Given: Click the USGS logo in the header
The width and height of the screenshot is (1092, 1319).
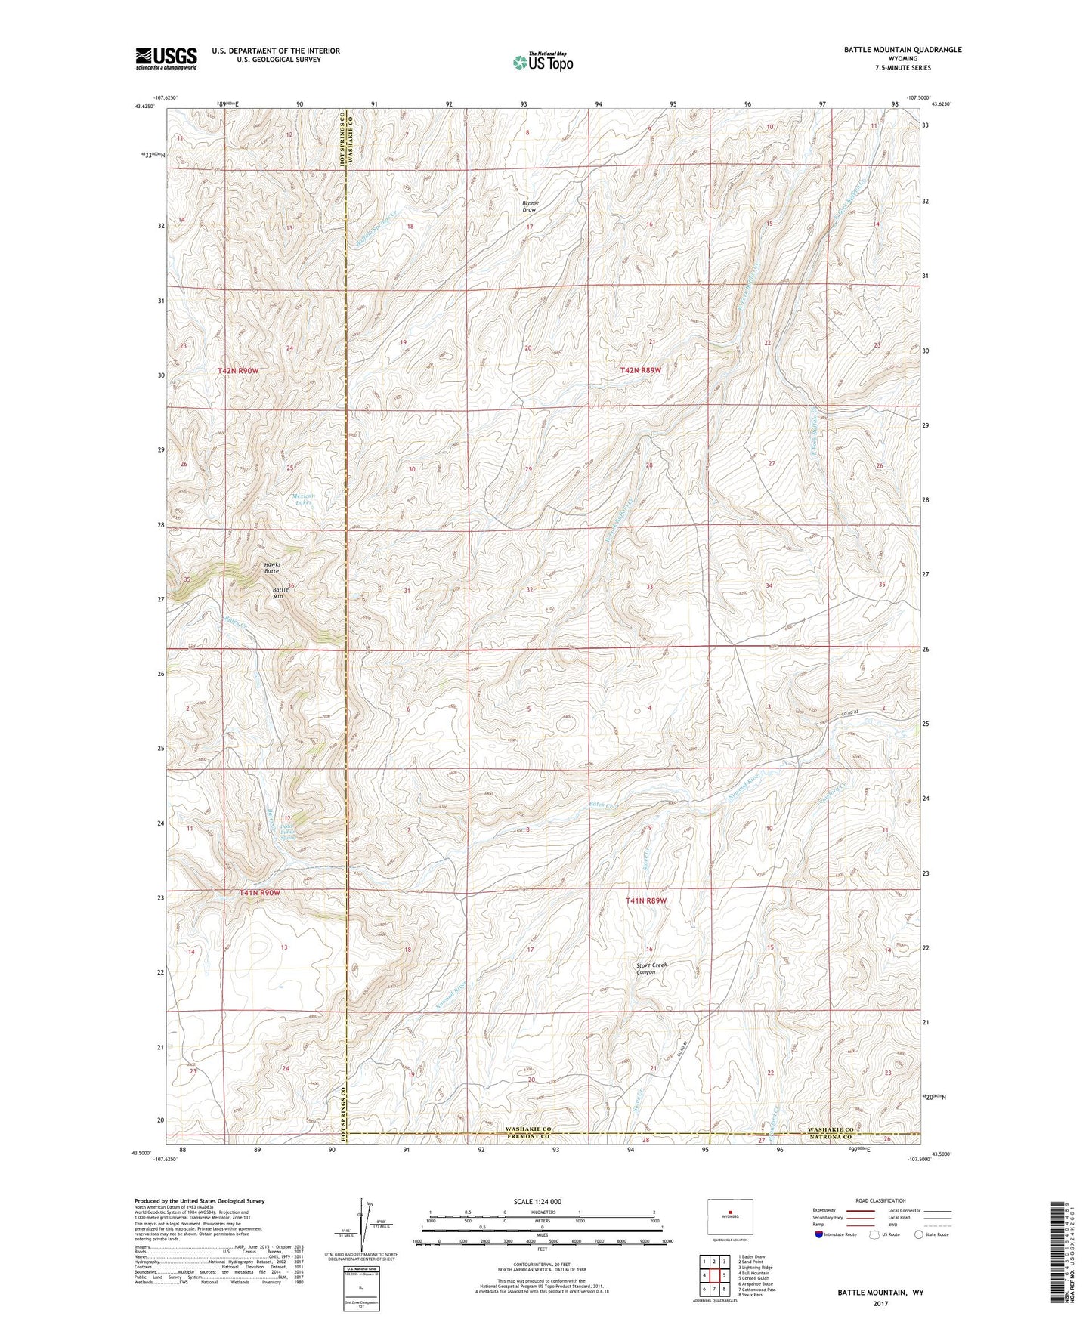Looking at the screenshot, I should click(166, 58).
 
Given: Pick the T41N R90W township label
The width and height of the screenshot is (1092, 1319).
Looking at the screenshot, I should click(259, 892).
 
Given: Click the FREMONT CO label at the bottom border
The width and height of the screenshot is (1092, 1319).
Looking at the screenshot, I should click(528, 1136).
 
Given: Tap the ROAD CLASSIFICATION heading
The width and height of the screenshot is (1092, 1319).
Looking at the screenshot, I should click(880, 1200).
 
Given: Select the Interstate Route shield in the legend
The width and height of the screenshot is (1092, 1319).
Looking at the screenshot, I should click(819, 1234).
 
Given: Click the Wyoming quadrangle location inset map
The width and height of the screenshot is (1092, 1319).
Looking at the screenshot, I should click(730, 1217).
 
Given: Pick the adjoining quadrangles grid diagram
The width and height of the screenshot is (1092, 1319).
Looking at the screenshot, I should click(713, 1273).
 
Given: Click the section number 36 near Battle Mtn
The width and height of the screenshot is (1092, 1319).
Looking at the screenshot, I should click(290, 586).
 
